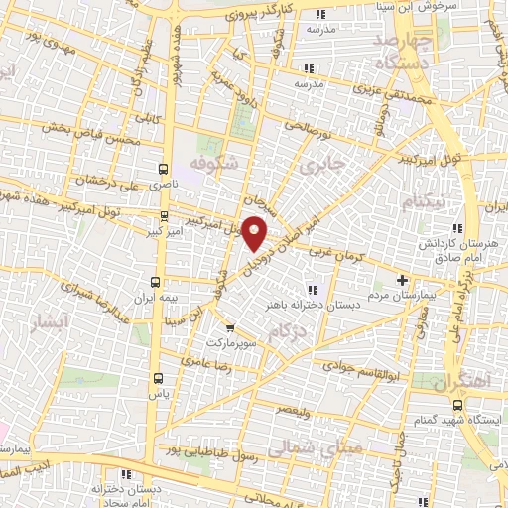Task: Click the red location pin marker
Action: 255,234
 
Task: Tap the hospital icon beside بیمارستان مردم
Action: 402,279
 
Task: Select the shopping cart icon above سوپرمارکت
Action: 229,328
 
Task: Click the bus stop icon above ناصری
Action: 165,169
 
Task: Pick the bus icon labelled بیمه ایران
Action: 154,282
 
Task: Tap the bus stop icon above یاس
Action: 158,378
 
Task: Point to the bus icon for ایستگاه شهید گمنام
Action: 457,405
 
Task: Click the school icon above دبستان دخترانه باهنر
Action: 312,290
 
